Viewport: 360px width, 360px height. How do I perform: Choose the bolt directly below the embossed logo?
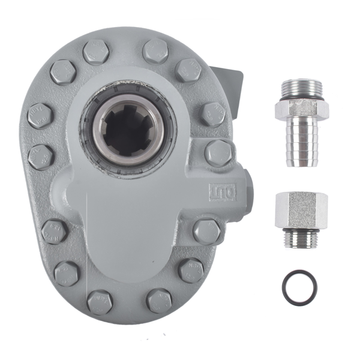(206, 231)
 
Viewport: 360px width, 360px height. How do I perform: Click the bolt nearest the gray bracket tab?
(188, 70)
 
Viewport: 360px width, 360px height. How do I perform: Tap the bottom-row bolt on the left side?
(100, 302)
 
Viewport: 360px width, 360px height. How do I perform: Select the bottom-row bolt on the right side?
(159, 301)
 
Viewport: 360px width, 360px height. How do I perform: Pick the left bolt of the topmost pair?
(96, 52)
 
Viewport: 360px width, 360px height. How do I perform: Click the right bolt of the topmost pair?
(155, 51)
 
